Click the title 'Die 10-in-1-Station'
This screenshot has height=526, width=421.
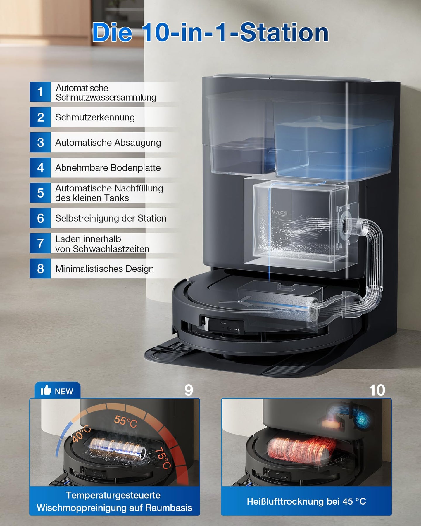pos(210,32)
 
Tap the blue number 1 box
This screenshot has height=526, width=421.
pos(40,92)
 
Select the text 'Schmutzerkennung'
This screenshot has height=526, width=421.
pos(95,117)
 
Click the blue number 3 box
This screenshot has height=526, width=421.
pos(40,142)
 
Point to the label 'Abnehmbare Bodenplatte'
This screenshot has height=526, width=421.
pos(108,168)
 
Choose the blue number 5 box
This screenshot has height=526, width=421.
pos(40,193)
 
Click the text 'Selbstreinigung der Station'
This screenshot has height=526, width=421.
pos(111,218)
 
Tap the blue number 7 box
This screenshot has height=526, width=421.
pos(40,243)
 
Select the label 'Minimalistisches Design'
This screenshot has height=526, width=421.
pos(104,269)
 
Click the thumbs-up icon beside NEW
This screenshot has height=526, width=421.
pos(46,390)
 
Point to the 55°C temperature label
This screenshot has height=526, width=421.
pos(125,421)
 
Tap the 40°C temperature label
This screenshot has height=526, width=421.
pos(82,434)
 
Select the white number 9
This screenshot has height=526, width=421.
pos(189,390)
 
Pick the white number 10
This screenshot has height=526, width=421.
pos(377,390)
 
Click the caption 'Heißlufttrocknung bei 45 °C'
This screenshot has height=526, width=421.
pos(306,501)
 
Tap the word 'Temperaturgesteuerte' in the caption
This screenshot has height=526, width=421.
pos(113,495)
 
